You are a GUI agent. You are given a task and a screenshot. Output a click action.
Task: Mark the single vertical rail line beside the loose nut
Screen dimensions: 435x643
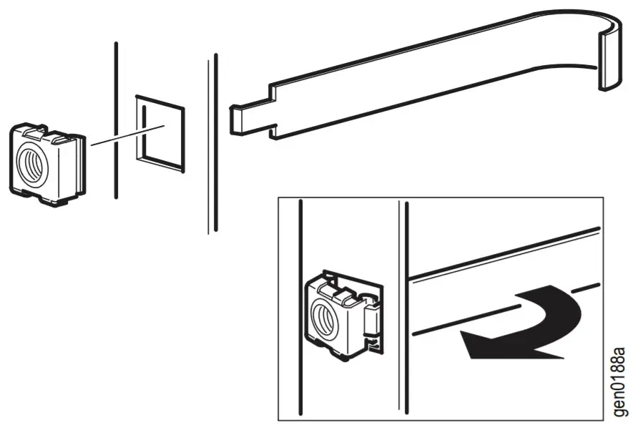pos(116,122)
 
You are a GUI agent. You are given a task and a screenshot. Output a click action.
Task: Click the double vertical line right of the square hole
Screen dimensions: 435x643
pos(212,143)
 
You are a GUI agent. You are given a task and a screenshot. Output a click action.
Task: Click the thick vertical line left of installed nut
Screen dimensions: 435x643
pos(302,308)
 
